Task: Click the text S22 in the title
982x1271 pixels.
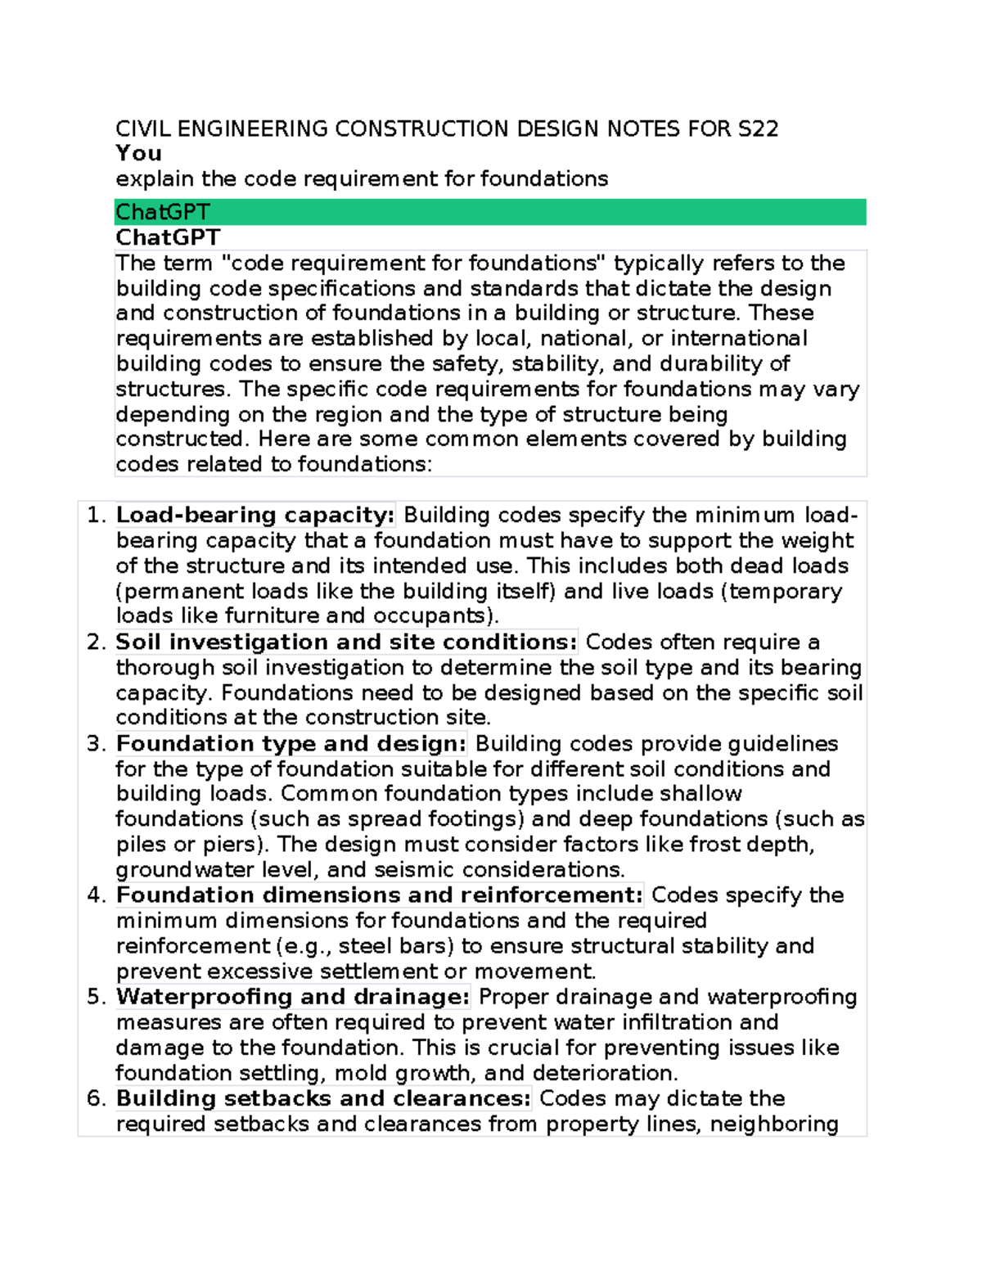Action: pyautogui.click(x=758, y=129)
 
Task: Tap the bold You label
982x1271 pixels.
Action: pyautogui.click(x=138, y=154)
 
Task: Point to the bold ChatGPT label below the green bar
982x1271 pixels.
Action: pyautogui.click(x=168, y=237)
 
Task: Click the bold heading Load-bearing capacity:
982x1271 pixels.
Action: pyautogui.click(x=255, y=515)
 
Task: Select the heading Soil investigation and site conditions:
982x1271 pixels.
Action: pyautogui.click(x=346, y=642)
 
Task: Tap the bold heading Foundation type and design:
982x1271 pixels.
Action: pyautogui.click(x=291, y=743)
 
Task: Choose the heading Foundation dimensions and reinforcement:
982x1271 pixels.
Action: pyautogui.click(x=380, y=895)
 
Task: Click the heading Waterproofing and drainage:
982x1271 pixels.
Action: pyautogui.click(x=293, y=996)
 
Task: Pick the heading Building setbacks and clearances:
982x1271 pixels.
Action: pyautogui.click(x=323, y=1097)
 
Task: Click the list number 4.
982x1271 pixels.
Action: pyautogui.click(x=95, y=895)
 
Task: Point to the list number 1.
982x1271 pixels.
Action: pyautogui.click(x=95, y=515)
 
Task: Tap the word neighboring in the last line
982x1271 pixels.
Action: pyautogui.click(x=774, y=1124)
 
